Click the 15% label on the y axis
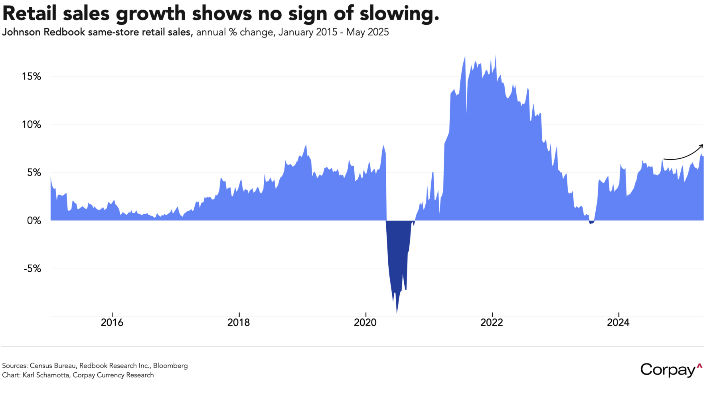32,77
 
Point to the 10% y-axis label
32,125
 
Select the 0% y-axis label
34,221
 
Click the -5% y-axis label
32,269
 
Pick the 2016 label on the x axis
112,323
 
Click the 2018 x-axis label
239,323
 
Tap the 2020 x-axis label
365,323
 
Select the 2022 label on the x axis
492,323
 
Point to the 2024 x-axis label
618,323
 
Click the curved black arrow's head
701,146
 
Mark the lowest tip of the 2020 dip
397,312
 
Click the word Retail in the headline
30,14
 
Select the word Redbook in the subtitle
64,32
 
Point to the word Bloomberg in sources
170,365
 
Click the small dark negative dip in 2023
591,222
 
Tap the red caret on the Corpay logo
699,365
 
